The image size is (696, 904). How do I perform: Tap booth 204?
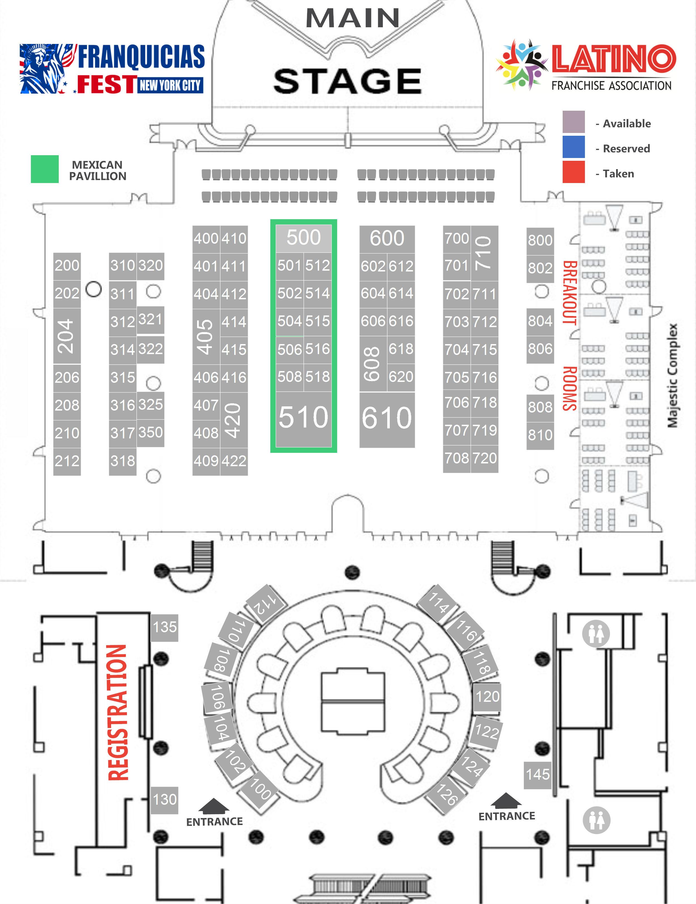pyautogui.click(x=67, y=336)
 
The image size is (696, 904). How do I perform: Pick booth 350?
pyautogui.click(x=150, y=433)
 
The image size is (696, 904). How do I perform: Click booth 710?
pyautogui.click(x=484, y=253)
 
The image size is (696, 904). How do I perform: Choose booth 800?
pyautogui.click(x=540, y=240)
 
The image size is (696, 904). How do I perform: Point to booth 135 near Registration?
pyautogui.click(x=165, y=627)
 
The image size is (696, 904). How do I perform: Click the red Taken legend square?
pyautogui.click(x=574, y=172)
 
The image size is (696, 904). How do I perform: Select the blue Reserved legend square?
pyautogui.click(x=574, y=147)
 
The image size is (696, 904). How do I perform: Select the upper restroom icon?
pyautogui.click(x=596, y=634)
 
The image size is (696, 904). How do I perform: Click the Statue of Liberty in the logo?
pyautogui.click(x=41, y=68)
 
